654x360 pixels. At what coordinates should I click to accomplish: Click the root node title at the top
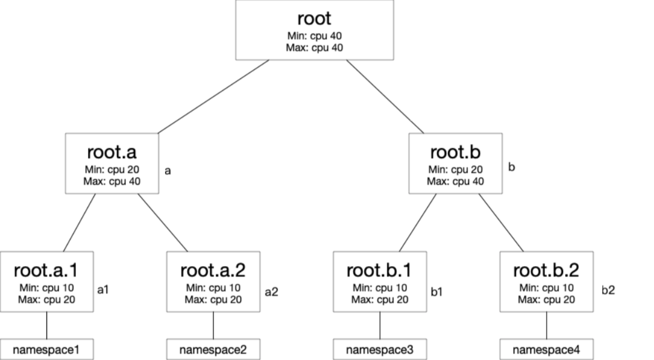click(x=314, y=18)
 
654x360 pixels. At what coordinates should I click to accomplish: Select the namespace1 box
click(x=46, y=350)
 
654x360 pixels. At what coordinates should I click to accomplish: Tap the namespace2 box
click(x=213, y=350)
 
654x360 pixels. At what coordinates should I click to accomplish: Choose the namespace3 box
click(x=380, y=350)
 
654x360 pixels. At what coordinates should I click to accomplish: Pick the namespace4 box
click(x=547, y=350)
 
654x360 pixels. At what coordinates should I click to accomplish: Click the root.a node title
click(x=112, y=152)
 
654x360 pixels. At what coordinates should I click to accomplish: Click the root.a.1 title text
click(x=46, y=271)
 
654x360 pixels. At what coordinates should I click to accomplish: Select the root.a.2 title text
click(x=213, y=271)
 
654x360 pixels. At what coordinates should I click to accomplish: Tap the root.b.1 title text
click(x=380, y=271)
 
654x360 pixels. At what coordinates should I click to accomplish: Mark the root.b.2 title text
click(x=547, y=271)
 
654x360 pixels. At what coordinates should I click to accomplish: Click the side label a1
click(x=104, y=290)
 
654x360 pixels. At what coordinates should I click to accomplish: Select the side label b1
click(x=436, y=290)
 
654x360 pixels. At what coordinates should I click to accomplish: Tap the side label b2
click(x=608, y=290)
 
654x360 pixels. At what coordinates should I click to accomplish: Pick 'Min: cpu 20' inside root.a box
click(x=112, y=170)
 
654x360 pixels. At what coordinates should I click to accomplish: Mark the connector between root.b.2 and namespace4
click(x=547, y=325)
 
